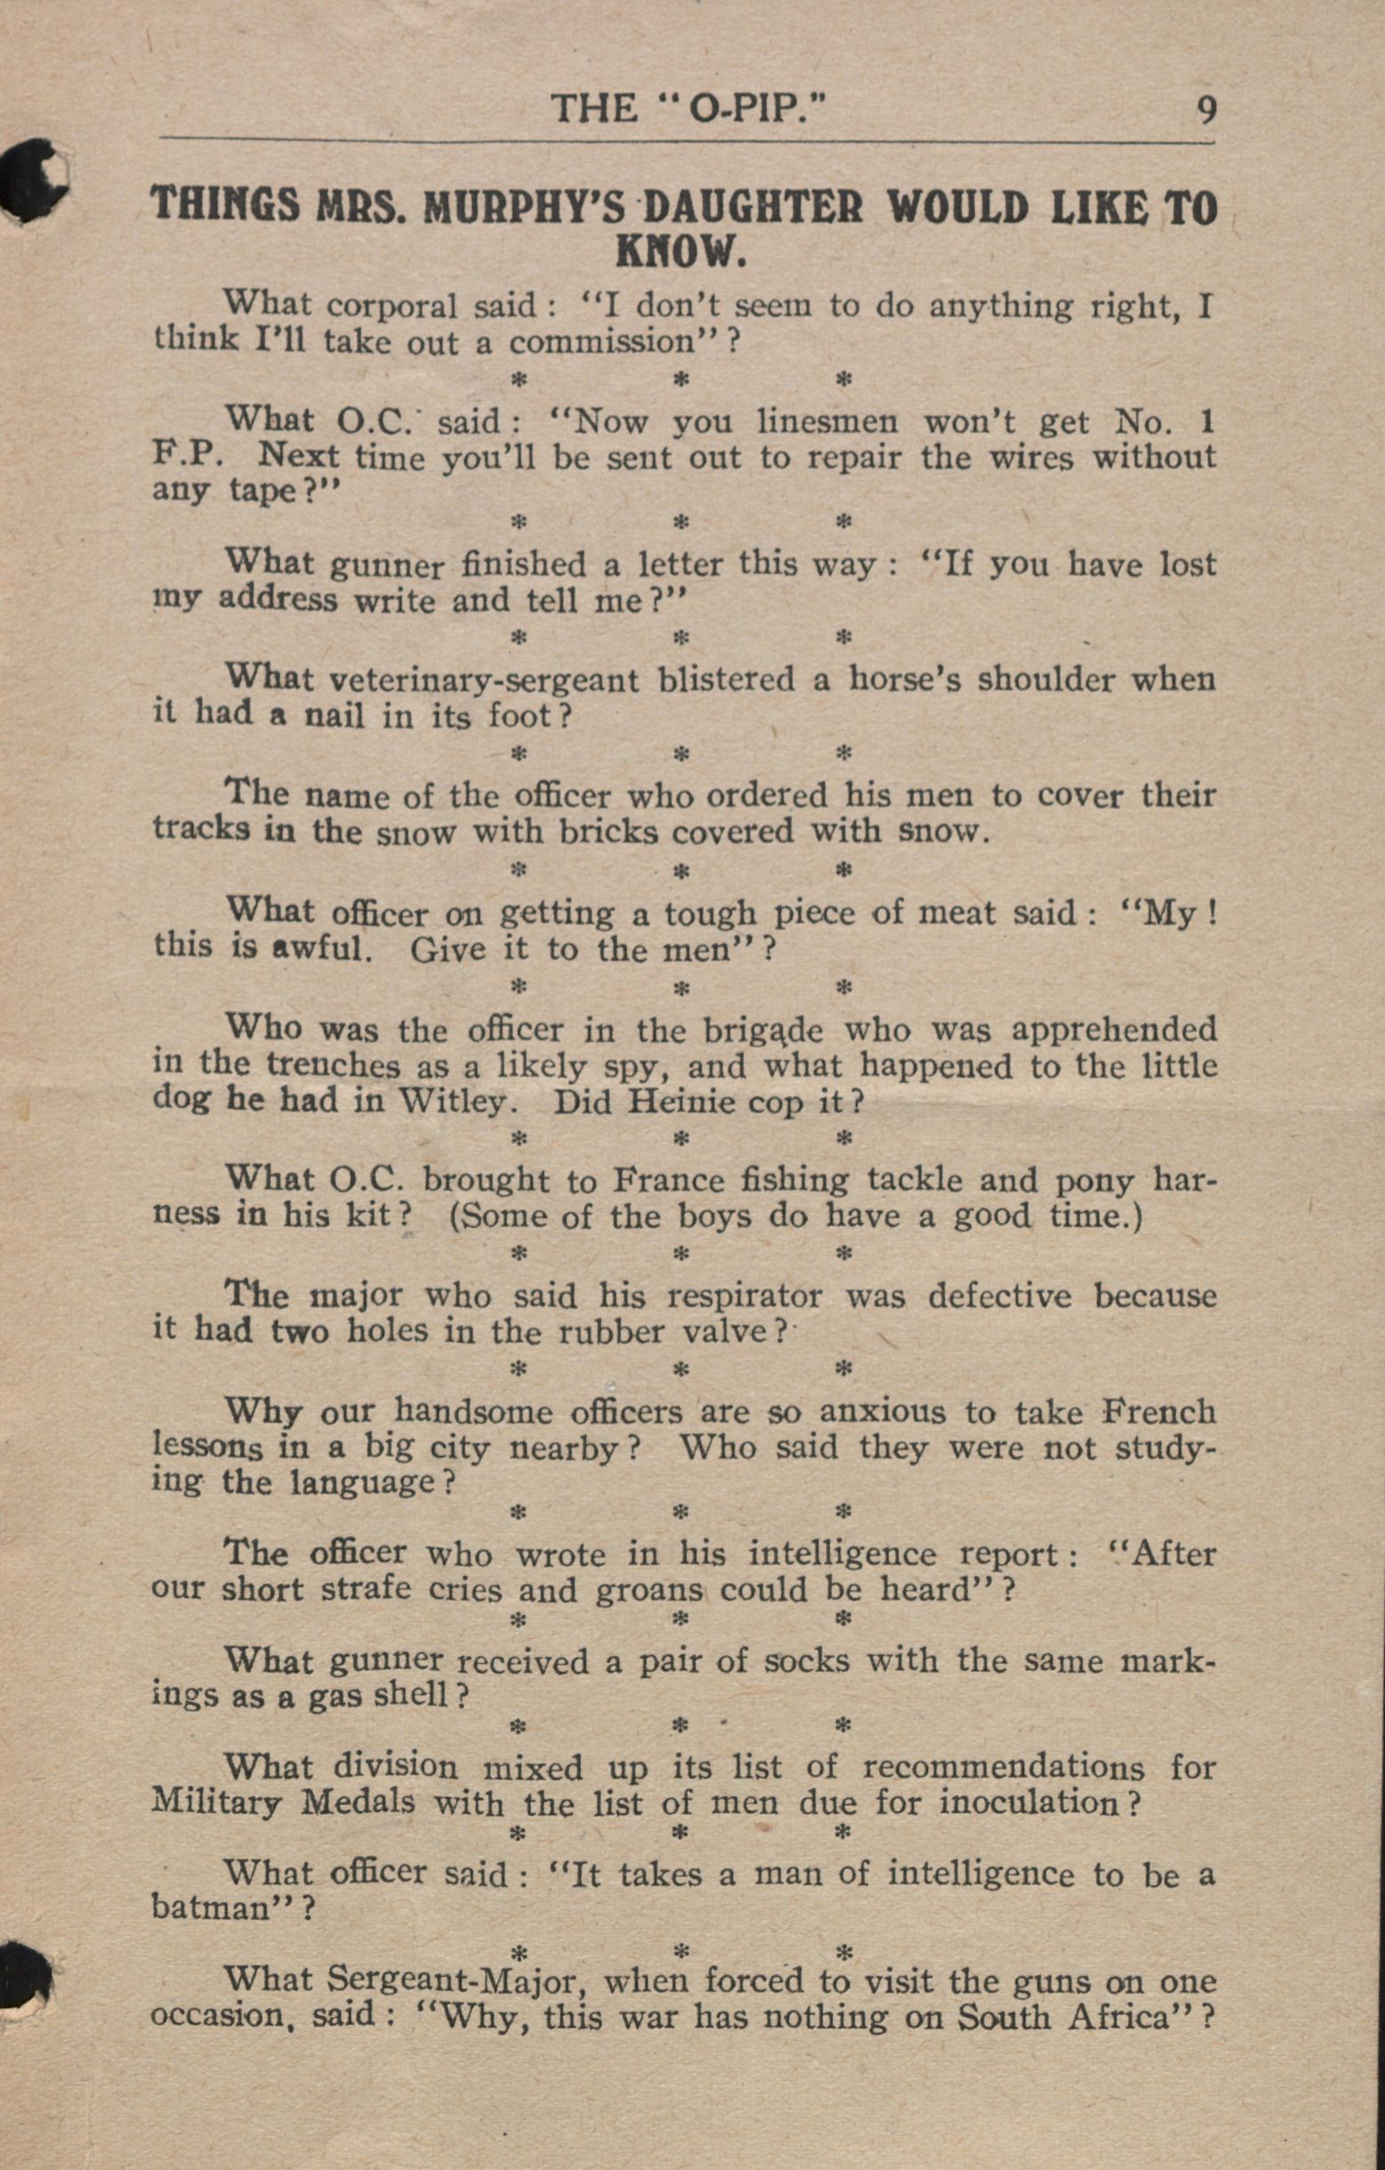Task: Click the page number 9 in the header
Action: click(x=1205, y=110)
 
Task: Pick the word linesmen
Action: click(x=827, y=421)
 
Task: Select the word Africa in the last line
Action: click(x=1130, y=2017)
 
